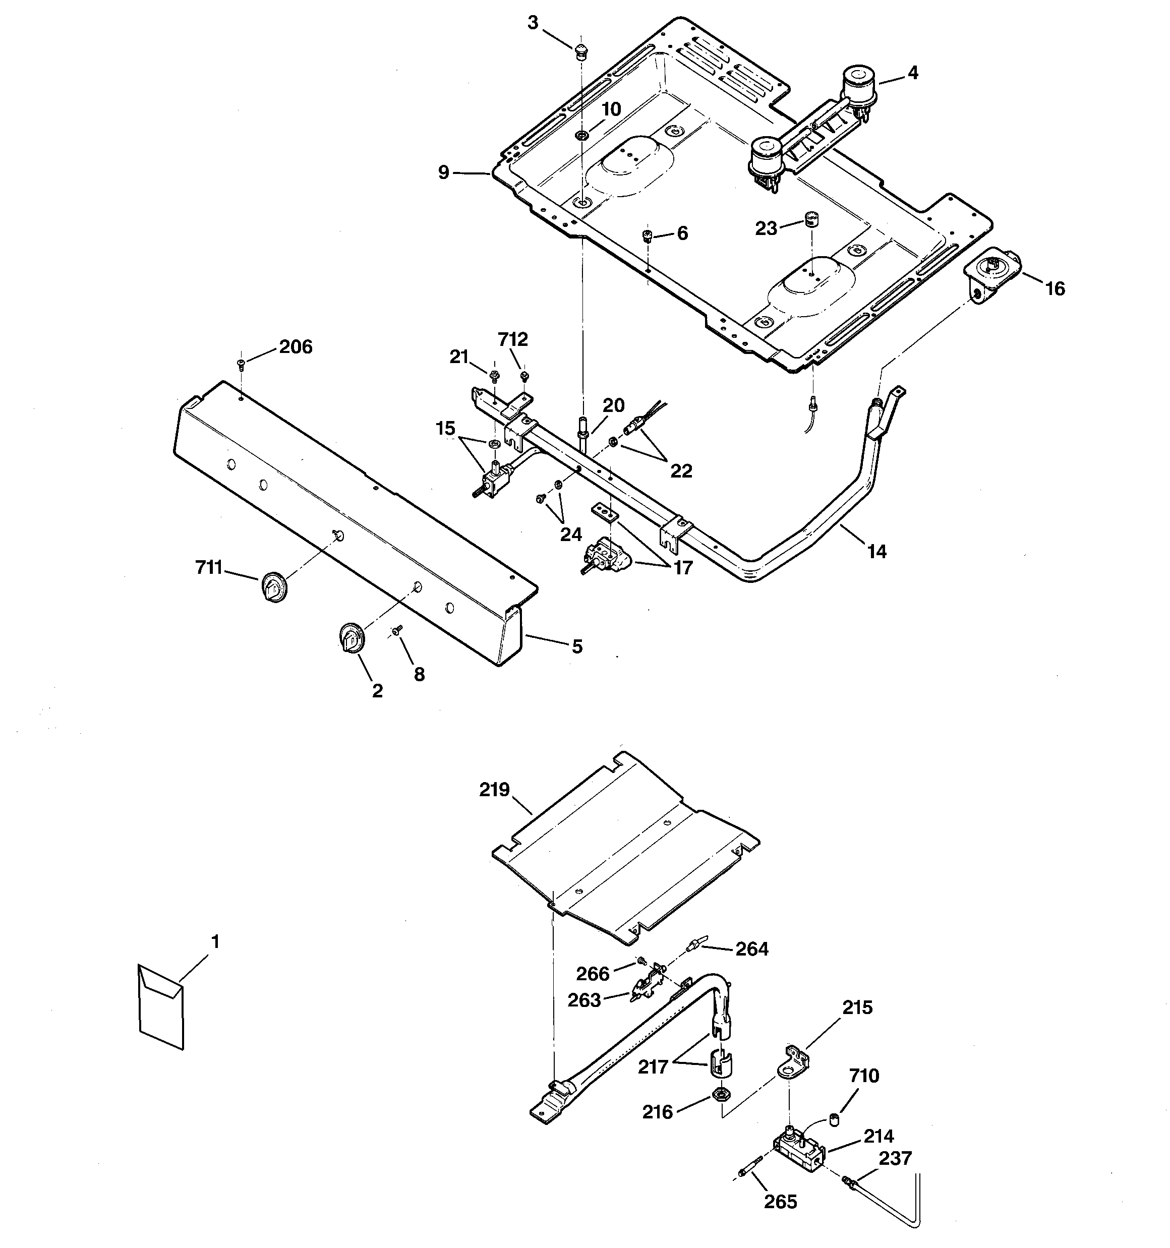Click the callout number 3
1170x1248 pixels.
coord(533,23)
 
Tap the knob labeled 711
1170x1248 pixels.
coord(272,587)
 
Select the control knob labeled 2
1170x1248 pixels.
coord(350,638)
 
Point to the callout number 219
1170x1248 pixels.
coord(494,790)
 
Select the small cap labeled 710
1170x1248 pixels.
coord(835,1118)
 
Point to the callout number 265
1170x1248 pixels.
coord(781,1202)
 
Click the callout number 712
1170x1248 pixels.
coord(513,340)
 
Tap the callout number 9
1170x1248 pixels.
coord(444,172)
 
